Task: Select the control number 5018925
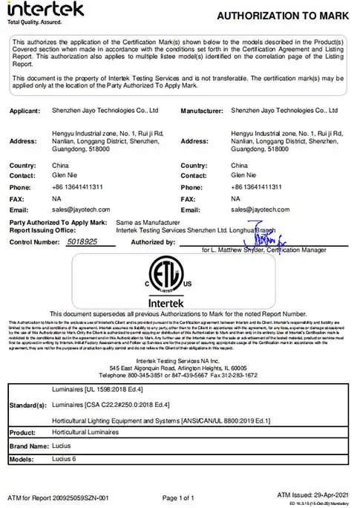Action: tap(82, 242)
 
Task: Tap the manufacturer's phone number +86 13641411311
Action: tap(257, 188)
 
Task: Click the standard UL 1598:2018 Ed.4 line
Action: tap(94, 389)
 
